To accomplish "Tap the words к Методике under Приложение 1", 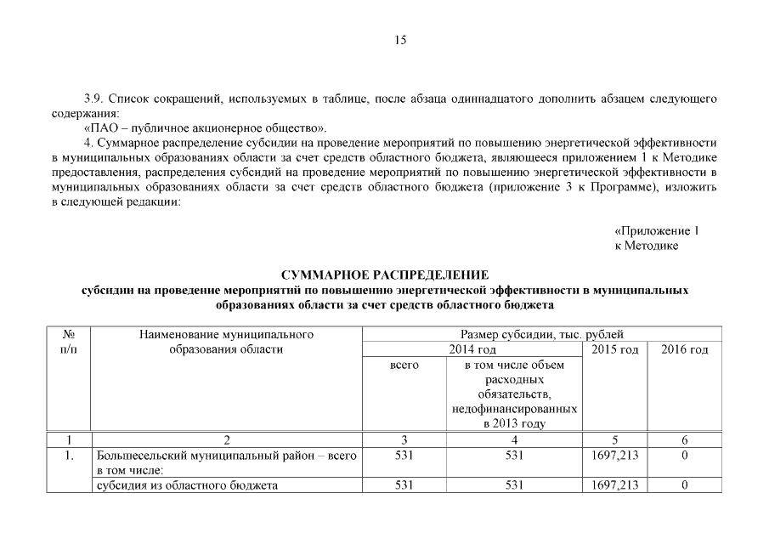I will click(646, 246).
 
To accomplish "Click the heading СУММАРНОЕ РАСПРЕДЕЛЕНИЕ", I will click(384, 275).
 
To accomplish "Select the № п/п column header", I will click(68, 342).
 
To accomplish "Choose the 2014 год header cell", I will click(472, 349).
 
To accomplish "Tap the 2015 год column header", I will click(614, 349).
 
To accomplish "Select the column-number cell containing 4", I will click(514, 440).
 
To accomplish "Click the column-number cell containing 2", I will click(226, 440).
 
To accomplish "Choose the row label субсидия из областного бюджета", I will click(189, 485).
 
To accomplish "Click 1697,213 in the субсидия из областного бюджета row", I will click(614, 485).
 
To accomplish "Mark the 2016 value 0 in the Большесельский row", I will click(684, 456).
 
